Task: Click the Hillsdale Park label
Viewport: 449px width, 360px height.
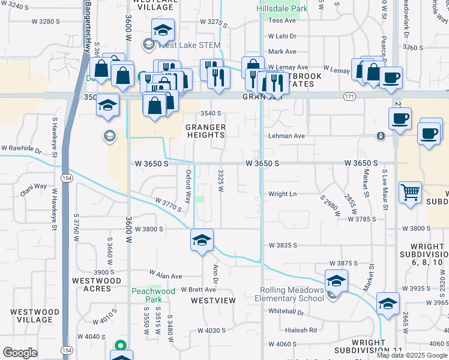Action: tap(282, 8)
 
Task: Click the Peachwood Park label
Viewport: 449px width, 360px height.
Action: tap(154, 295)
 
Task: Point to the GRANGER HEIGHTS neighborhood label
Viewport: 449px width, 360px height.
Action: tap(205, 131)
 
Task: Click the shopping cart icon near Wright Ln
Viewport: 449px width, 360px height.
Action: tap(411, 193)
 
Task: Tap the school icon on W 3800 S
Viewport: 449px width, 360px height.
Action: tap(202, 241)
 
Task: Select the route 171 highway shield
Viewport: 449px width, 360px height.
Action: tap(349, 96)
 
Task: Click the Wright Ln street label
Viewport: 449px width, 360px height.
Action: tap(283, 194)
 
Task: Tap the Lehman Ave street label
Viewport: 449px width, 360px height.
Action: tap(286, 136)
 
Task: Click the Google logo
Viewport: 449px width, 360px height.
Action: tap(20, 353)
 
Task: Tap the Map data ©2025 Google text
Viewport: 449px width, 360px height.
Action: tap(411, 355)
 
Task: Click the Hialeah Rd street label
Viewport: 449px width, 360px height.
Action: tap(301, 329)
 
